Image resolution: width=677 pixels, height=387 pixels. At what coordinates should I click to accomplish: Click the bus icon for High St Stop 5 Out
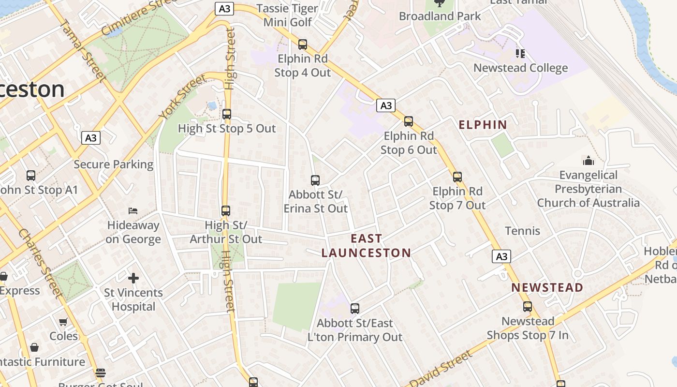point(227,115)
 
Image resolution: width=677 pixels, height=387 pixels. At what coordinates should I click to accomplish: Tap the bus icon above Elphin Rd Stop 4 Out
point(303,45)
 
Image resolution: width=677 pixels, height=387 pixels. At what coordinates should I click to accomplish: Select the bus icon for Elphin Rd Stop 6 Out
point(409,121)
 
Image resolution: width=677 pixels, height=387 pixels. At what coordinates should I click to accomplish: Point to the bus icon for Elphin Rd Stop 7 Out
point(457,177)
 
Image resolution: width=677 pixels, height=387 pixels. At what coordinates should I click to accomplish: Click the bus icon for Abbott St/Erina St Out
point(315,180)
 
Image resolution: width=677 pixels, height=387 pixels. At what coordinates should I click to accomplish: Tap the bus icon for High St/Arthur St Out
point(226,211)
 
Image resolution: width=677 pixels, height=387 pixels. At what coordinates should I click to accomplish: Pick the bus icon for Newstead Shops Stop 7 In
point(528,307)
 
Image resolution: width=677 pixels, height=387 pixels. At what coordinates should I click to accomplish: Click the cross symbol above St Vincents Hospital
point(133,278)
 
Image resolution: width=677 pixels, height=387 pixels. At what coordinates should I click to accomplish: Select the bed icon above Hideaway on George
point(133,211)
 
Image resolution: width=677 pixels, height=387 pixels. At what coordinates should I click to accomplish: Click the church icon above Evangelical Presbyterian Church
point(589,161)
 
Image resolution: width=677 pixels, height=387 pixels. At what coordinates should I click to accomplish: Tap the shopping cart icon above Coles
point(63,322)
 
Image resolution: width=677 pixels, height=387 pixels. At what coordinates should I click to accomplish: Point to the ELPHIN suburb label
point(483,125)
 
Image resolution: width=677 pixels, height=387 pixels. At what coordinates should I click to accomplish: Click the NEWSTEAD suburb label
point(547,287)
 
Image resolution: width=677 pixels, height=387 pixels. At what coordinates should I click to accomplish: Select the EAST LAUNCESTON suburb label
point(366,246)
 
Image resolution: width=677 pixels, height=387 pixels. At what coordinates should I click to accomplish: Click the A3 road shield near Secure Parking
point(91,138)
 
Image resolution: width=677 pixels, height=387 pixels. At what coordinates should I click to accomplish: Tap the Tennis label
point(522,231)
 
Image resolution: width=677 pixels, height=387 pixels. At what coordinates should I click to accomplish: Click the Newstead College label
point(520,68)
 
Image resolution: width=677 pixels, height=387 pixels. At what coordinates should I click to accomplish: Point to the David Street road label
point(440,369)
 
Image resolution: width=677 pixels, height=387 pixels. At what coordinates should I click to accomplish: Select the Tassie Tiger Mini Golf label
point(288,15)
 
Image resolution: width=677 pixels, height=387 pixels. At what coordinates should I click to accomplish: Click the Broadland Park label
point(440,16)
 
